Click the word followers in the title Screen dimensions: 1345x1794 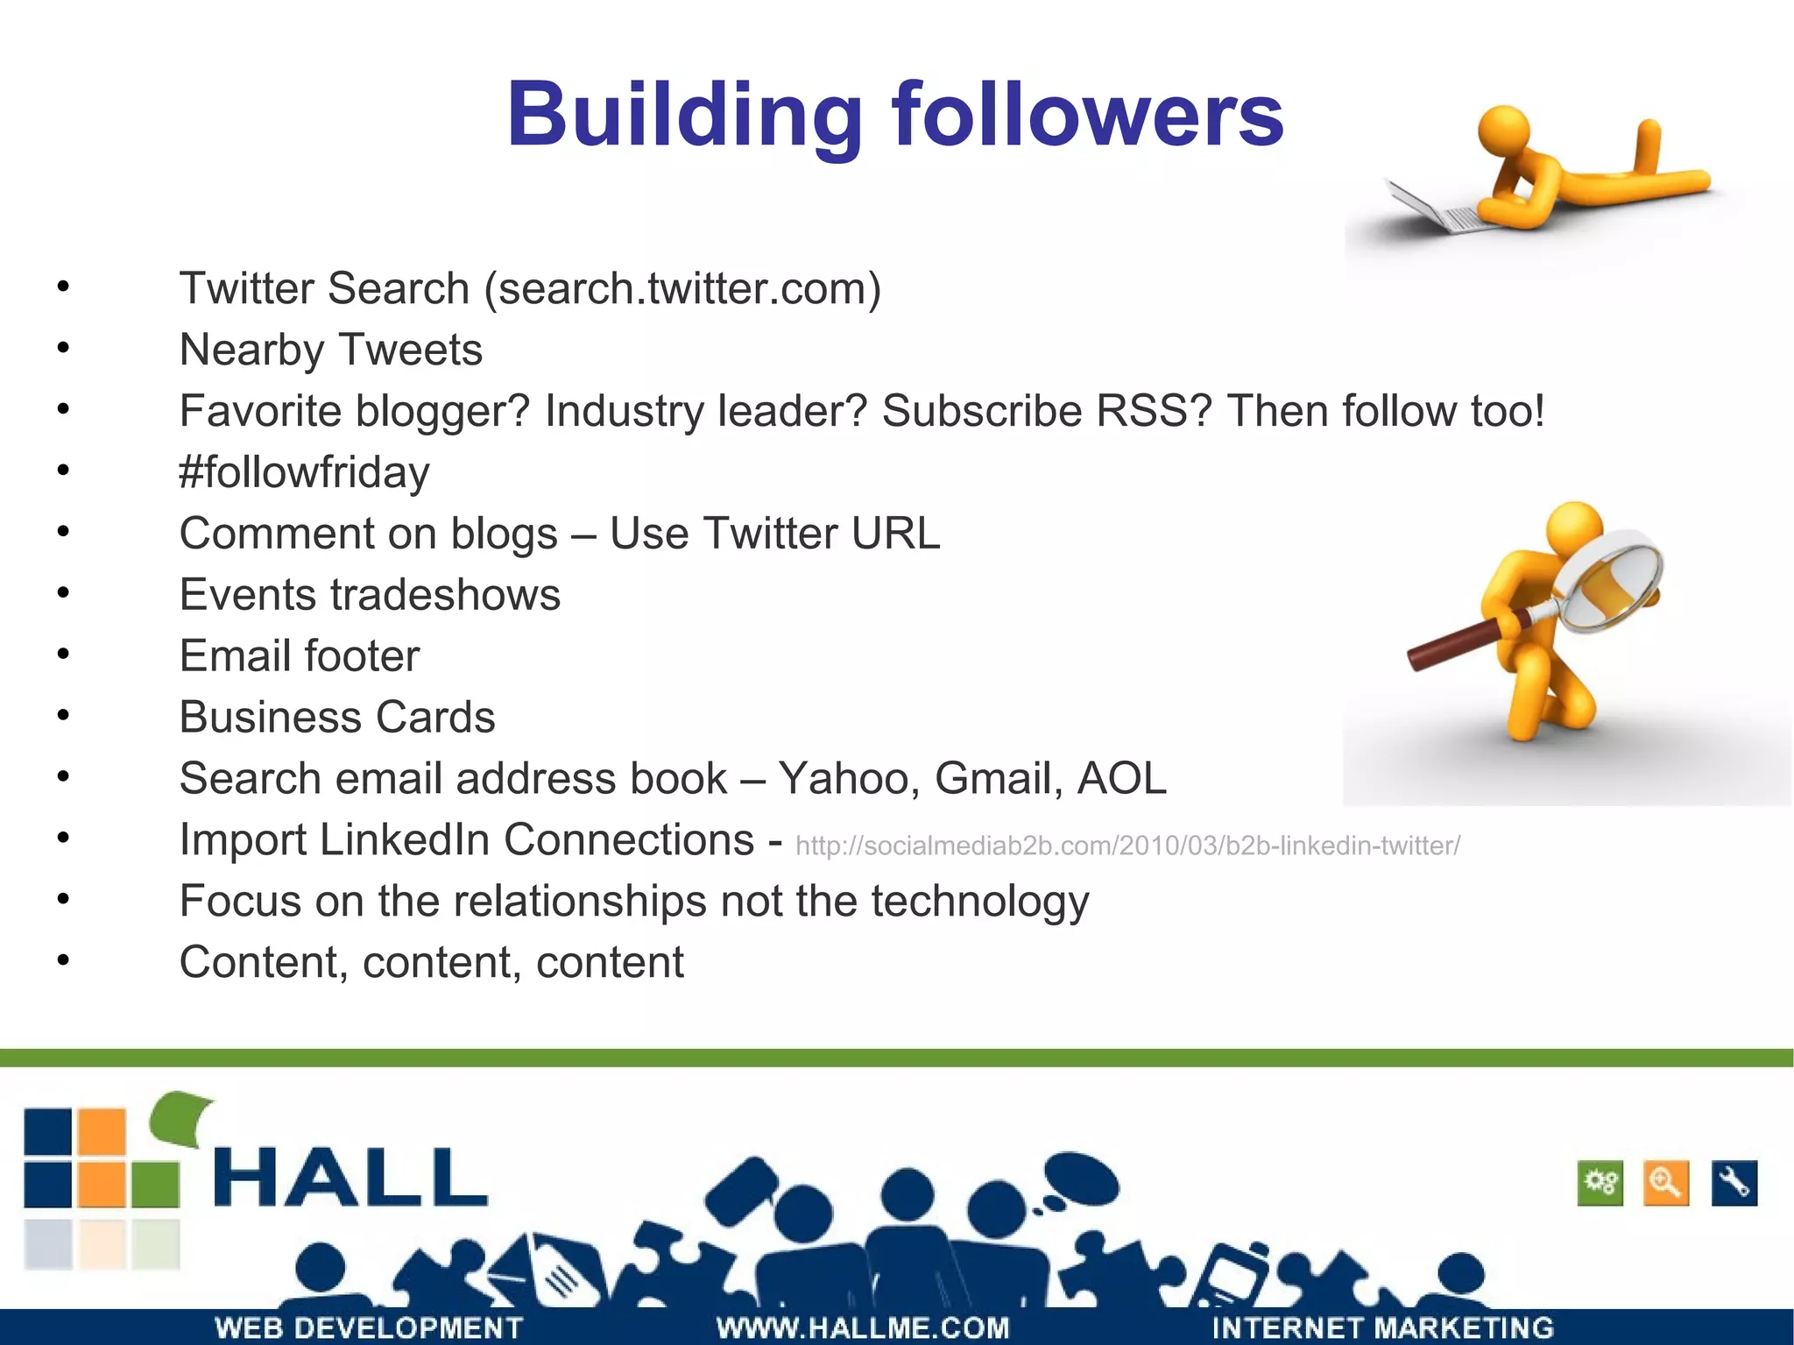(x=1087, y=116)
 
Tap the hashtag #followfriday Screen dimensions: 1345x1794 (x=304, y=472)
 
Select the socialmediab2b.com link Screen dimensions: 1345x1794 (x=1127, y=846)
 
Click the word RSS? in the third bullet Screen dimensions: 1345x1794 (x=1154, y=411)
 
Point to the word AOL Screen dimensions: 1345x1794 (x=1122, y=778)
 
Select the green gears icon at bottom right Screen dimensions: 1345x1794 (x=1600, y=1184)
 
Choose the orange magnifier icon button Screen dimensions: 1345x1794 (x=1666, y=1184)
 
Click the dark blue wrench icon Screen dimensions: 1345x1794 (x=1734, y=1184)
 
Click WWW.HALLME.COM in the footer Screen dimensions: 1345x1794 (x=863, y=1327)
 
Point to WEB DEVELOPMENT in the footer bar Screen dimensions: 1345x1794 (x=369, y=1327)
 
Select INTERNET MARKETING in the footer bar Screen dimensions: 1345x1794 (x=1382, y=1327)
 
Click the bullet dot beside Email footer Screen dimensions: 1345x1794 (x=63, y=655)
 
